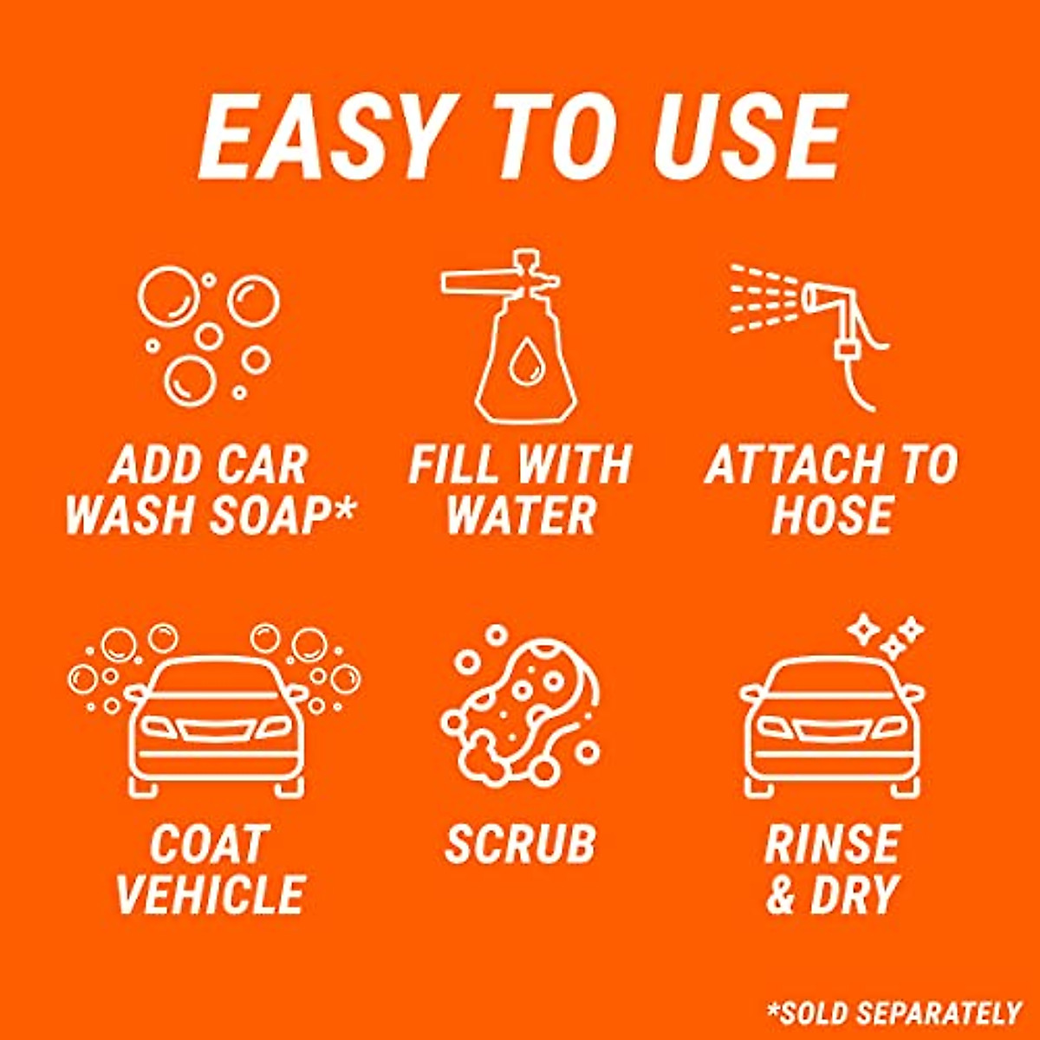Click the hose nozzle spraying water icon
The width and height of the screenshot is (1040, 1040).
pyautogui.click(x=810, y=334)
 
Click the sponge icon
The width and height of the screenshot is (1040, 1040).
pyautogui.click(x=520, y=706)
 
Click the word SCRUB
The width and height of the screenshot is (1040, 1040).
pyautogui.click(x=520, y=843)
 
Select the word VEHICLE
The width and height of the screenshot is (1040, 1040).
pyautogui.click(x=210, y=894)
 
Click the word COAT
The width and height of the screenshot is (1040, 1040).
pyautogui.click(x=208, y=843)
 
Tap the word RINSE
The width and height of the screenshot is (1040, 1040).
pyautogui.click(x=832, y=843)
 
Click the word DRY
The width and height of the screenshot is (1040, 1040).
pyautogui.click(x=855, y=894)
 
